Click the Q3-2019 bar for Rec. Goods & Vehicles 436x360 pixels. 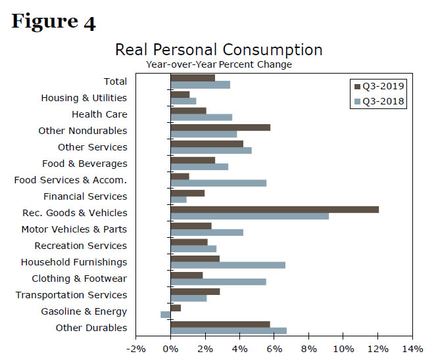pyautogui.click(x=274, y=210)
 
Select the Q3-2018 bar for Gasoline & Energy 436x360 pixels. pyautogui.click(x=165, y=315)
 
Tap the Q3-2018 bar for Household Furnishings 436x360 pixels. pyautogui.click(x=228, y=265)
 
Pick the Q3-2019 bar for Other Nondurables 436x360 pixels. pyautogui.click(x=220, y=127)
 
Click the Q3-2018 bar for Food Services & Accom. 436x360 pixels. pyautogui.click(x=218, y=183)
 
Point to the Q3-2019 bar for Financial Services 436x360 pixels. pyautogui.click(x=187, y=193)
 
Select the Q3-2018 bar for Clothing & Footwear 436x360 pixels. pyautogui.click(x=218, y=282)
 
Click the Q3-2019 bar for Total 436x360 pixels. pyautogui.click(x=193, y=78)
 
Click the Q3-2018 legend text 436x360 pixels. pyautogui.click(x=383, y=101)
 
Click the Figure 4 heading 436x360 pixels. pyautogui.click(x=53, y=22)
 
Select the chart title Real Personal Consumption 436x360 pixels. pyautogui.click(x=218, y=50)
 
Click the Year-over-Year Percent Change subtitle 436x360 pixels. pyautogui.click(x=218, y=64)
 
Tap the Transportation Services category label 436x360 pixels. pyautogui.click(x=71, y=295)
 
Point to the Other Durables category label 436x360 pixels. pyautogui.click(x=91, y=328)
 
